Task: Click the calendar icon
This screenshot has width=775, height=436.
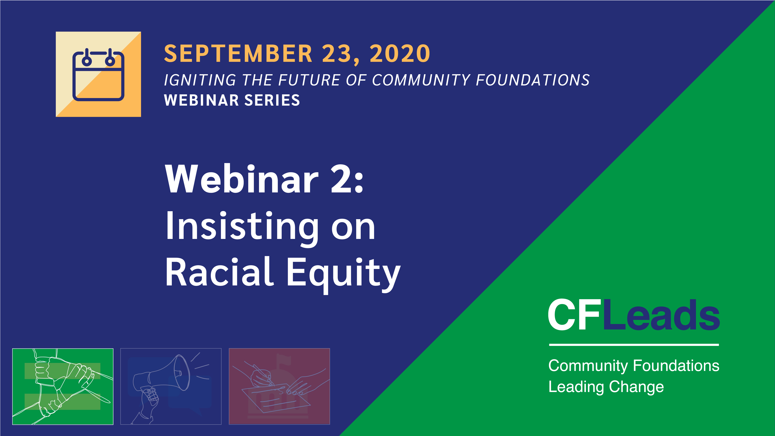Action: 98,74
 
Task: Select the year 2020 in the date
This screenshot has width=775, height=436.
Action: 400,53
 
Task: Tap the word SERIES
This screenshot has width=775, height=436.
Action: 272,100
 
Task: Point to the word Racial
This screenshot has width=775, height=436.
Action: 220,271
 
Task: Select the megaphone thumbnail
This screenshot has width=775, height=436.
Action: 171,386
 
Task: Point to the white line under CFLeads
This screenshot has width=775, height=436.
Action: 634,345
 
